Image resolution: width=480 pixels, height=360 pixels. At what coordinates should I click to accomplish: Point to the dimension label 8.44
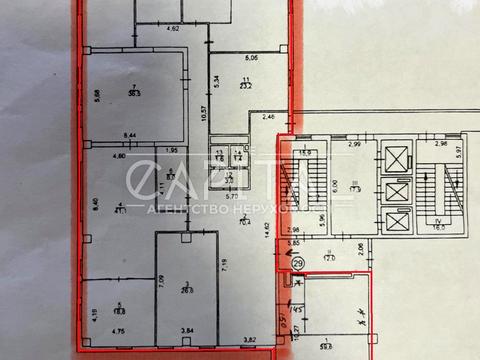point(129,134)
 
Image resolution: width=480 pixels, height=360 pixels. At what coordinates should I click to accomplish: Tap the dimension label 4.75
point(116,331)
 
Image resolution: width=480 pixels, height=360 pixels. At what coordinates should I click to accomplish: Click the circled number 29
point(299,263)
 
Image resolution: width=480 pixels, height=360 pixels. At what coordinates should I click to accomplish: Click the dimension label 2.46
point(268,119)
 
